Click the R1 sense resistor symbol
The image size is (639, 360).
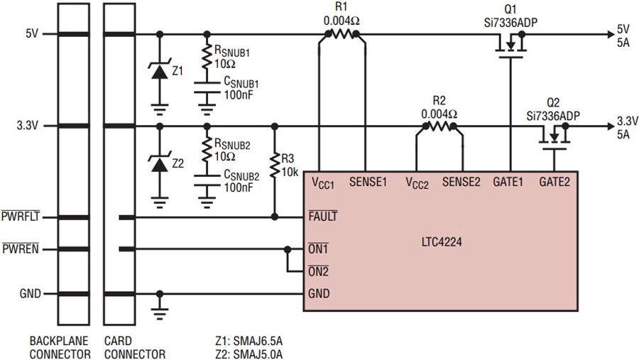pos(342,34)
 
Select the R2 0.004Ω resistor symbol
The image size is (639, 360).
pos(439,126)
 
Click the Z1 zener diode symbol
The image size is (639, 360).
pos(159,72)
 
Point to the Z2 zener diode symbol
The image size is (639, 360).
pos(159,164)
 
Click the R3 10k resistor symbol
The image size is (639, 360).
pos(275,165)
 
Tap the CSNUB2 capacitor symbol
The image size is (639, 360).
pos(207,180)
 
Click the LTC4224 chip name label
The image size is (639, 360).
pos(442,242)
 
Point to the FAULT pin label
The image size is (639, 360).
pos(323,216)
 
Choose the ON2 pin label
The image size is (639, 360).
pos(318,271)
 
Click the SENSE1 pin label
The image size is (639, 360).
pos(368,182)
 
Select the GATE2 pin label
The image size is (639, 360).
pos(555,182)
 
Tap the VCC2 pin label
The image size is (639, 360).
pos(417,183)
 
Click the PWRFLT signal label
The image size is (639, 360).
pos(21,216)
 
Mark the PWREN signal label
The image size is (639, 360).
pos(21,249)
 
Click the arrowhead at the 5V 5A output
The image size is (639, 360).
pos(611,34)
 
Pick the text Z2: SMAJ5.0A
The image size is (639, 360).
pos(248,354)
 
